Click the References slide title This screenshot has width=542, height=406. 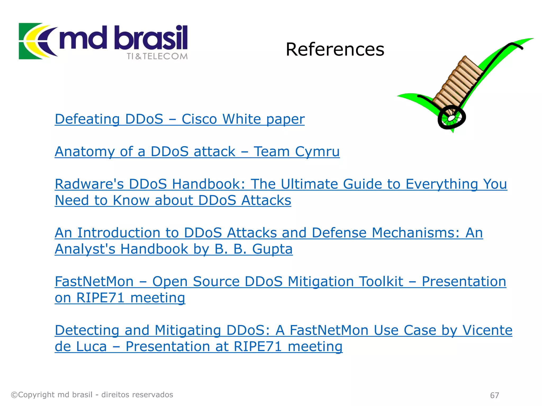tap(335, 49)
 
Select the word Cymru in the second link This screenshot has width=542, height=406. tap(317, 152)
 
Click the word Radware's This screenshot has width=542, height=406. tap(89, 184)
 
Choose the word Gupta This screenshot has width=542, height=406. tap(272, 249)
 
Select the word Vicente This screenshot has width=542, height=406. tap(487, 330)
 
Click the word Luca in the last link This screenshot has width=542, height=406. tap(92, 347)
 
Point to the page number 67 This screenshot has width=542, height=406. tap(494, 395)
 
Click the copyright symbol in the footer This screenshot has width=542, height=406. tap(14, 395)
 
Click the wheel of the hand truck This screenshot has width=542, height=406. tap(451, 118)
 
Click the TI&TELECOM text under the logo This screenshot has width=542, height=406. tap(157, 56)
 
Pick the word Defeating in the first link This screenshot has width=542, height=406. tap(87, 119)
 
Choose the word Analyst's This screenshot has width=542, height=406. tap(85, 249)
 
